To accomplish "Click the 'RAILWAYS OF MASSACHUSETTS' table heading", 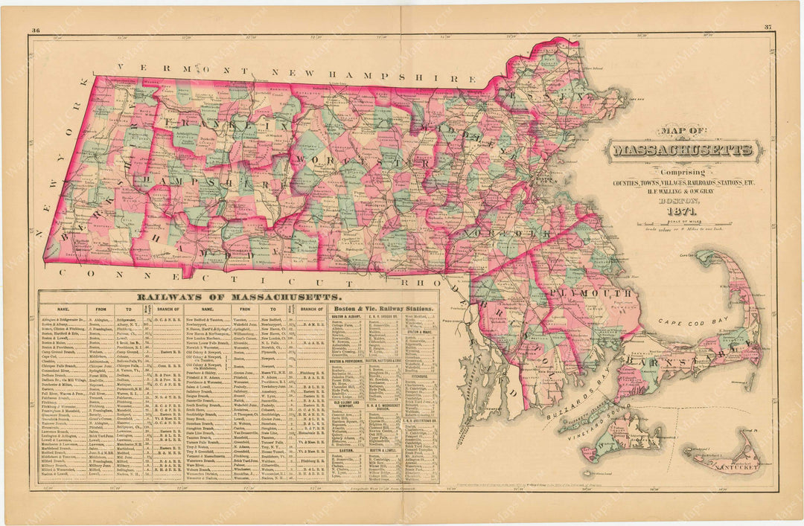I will (x=223, y=297).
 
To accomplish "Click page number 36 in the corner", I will (x=34, y=31).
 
